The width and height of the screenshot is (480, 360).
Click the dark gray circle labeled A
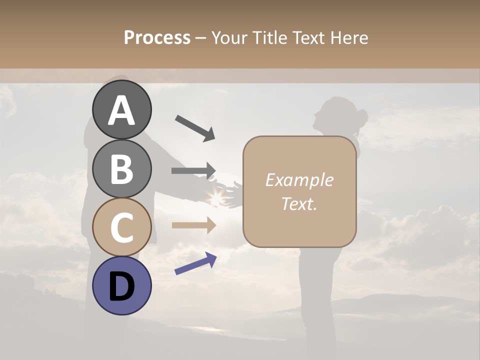point(122,109)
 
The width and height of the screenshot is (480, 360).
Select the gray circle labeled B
point(122,168)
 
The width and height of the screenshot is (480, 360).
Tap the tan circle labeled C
point(122,227)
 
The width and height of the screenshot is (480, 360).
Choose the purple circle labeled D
point(122,285)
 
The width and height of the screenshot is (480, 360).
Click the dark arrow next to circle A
point(195,127)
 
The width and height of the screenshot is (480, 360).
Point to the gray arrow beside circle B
point(193,171)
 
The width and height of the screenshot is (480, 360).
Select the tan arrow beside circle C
point(193,225)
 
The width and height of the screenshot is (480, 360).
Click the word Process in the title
point(157,38)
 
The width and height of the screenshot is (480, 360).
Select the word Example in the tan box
point(299,180)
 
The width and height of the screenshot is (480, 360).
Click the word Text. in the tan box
point(299,203)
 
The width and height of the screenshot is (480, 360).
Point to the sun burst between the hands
point(216,198)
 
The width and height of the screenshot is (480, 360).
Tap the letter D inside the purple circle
point(122,286)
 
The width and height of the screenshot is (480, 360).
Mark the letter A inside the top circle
point(122,110)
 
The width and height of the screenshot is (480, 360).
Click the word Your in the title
point(229,38)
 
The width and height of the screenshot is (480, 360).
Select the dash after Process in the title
point(200,38)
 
